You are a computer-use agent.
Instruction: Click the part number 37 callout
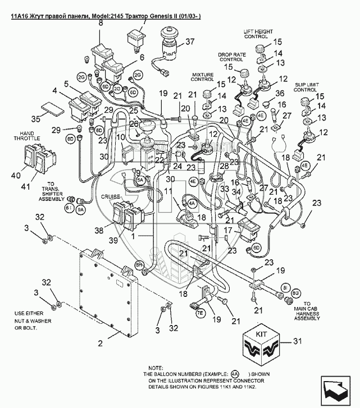[190, 41]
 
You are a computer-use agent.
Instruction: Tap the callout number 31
[298, 341]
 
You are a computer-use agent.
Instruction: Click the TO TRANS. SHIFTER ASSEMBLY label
[53, 191]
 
